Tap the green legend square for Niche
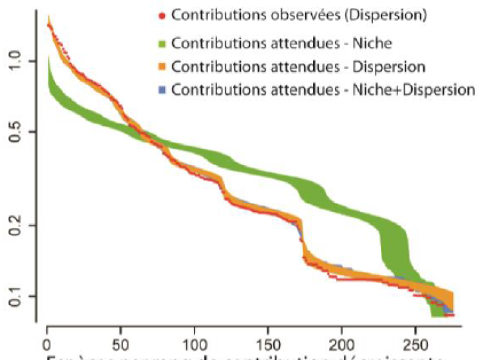[163, 44]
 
